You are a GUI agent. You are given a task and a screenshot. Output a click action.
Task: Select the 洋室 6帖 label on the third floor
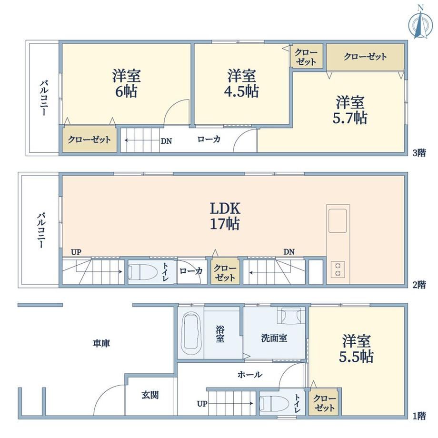126,83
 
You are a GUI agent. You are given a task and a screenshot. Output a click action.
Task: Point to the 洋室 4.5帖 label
242,83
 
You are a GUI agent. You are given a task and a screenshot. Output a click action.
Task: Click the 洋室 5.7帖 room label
350,110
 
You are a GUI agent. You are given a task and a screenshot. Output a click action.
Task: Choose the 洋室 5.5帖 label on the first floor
356,348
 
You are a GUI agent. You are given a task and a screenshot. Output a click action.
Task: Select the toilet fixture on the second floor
139,272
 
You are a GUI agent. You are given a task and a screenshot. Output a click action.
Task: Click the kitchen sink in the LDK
338,221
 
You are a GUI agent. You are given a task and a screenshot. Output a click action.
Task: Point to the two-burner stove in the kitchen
338,269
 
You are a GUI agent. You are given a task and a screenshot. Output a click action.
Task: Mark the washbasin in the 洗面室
291,316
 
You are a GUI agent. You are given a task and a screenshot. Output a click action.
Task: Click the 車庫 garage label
101,343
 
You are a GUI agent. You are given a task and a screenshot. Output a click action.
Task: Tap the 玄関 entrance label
150,395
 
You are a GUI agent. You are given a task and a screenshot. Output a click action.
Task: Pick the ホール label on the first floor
250,374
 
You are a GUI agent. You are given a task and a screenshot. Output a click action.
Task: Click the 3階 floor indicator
419,153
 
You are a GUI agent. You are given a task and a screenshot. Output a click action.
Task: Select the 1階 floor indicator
419,416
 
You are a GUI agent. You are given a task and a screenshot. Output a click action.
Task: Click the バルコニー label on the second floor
41,230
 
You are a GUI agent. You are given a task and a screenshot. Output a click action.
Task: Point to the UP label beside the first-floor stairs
202,404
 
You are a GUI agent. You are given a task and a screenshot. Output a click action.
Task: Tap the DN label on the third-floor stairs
166,141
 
